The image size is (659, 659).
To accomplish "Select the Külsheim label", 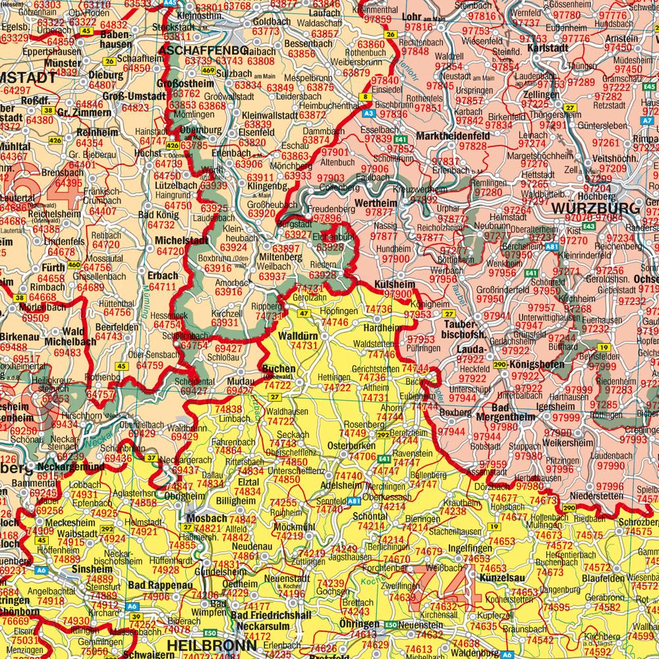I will pyautogui.click(x=394, y=283).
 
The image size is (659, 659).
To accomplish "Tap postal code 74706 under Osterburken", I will pyautogui.click(x=363, y=457).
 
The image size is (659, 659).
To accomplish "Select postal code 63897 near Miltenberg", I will pyautogui.click(x=286, y=247).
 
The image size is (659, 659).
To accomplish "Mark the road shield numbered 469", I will pyautogui.click(x=208, y=71).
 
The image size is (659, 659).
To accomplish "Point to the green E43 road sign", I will pyautogui.click(x=588, y=226).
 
